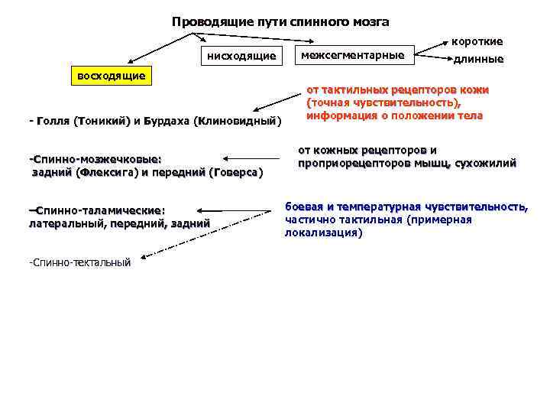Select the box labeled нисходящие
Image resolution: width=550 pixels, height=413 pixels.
pyautogui.click(x=241, y=55)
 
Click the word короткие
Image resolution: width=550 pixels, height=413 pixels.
pyautogui.click(x=477, y=41)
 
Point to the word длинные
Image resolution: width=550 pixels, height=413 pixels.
pyautogui.click(x=478, y=59)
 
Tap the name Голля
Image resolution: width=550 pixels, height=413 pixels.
pyautogui.click(x=53, y=121)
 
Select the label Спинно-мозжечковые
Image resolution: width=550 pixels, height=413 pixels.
pyautogui.click(x=95, y=159)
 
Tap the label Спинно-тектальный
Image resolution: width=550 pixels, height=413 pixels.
pyautogui.click(x=79, y=262)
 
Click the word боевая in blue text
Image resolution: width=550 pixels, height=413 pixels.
pyautogui.click(x=305, y=206)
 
